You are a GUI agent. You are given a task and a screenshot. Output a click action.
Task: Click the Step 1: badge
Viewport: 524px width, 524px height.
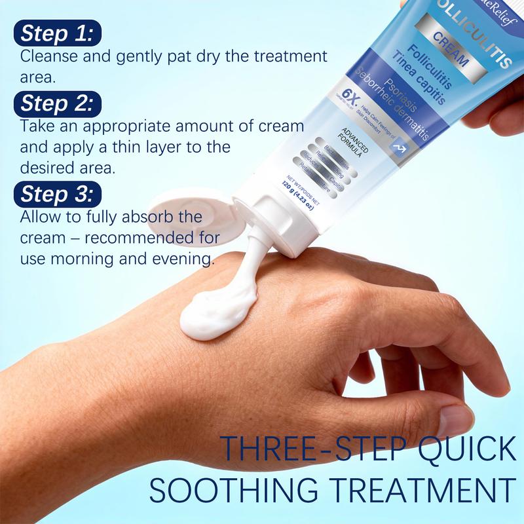click(x=56, y=33)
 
